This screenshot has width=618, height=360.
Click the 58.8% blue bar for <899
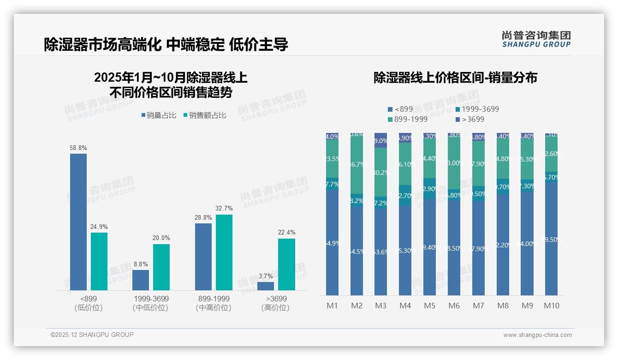(x=78, y=222)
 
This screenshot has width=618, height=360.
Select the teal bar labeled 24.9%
(x=99, y=261)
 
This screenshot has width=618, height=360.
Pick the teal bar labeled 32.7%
(x=224, y=252)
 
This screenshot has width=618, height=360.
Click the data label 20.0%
(x=161, y=238)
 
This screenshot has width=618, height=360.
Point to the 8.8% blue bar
(x=141, y=280)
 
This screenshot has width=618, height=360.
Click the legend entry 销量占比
(x=159, y=115)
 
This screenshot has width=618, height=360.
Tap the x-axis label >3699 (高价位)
(x=276, y=303)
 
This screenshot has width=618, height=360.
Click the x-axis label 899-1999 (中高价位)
(x=213, y=303)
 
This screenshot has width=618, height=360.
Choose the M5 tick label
(x=429, y=306)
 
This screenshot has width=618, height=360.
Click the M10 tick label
(x=552, y=306)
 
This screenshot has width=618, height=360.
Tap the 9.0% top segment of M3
(x=380, y=140)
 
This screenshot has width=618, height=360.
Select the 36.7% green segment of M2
(x=357, y=164)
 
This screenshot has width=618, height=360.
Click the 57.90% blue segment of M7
(x=478, y=248)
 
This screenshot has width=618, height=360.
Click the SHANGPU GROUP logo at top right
(x=536, y=39)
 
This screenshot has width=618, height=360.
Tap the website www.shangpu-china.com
(x=537, y=335)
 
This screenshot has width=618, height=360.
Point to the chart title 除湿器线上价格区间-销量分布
(x=455, y=78)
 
